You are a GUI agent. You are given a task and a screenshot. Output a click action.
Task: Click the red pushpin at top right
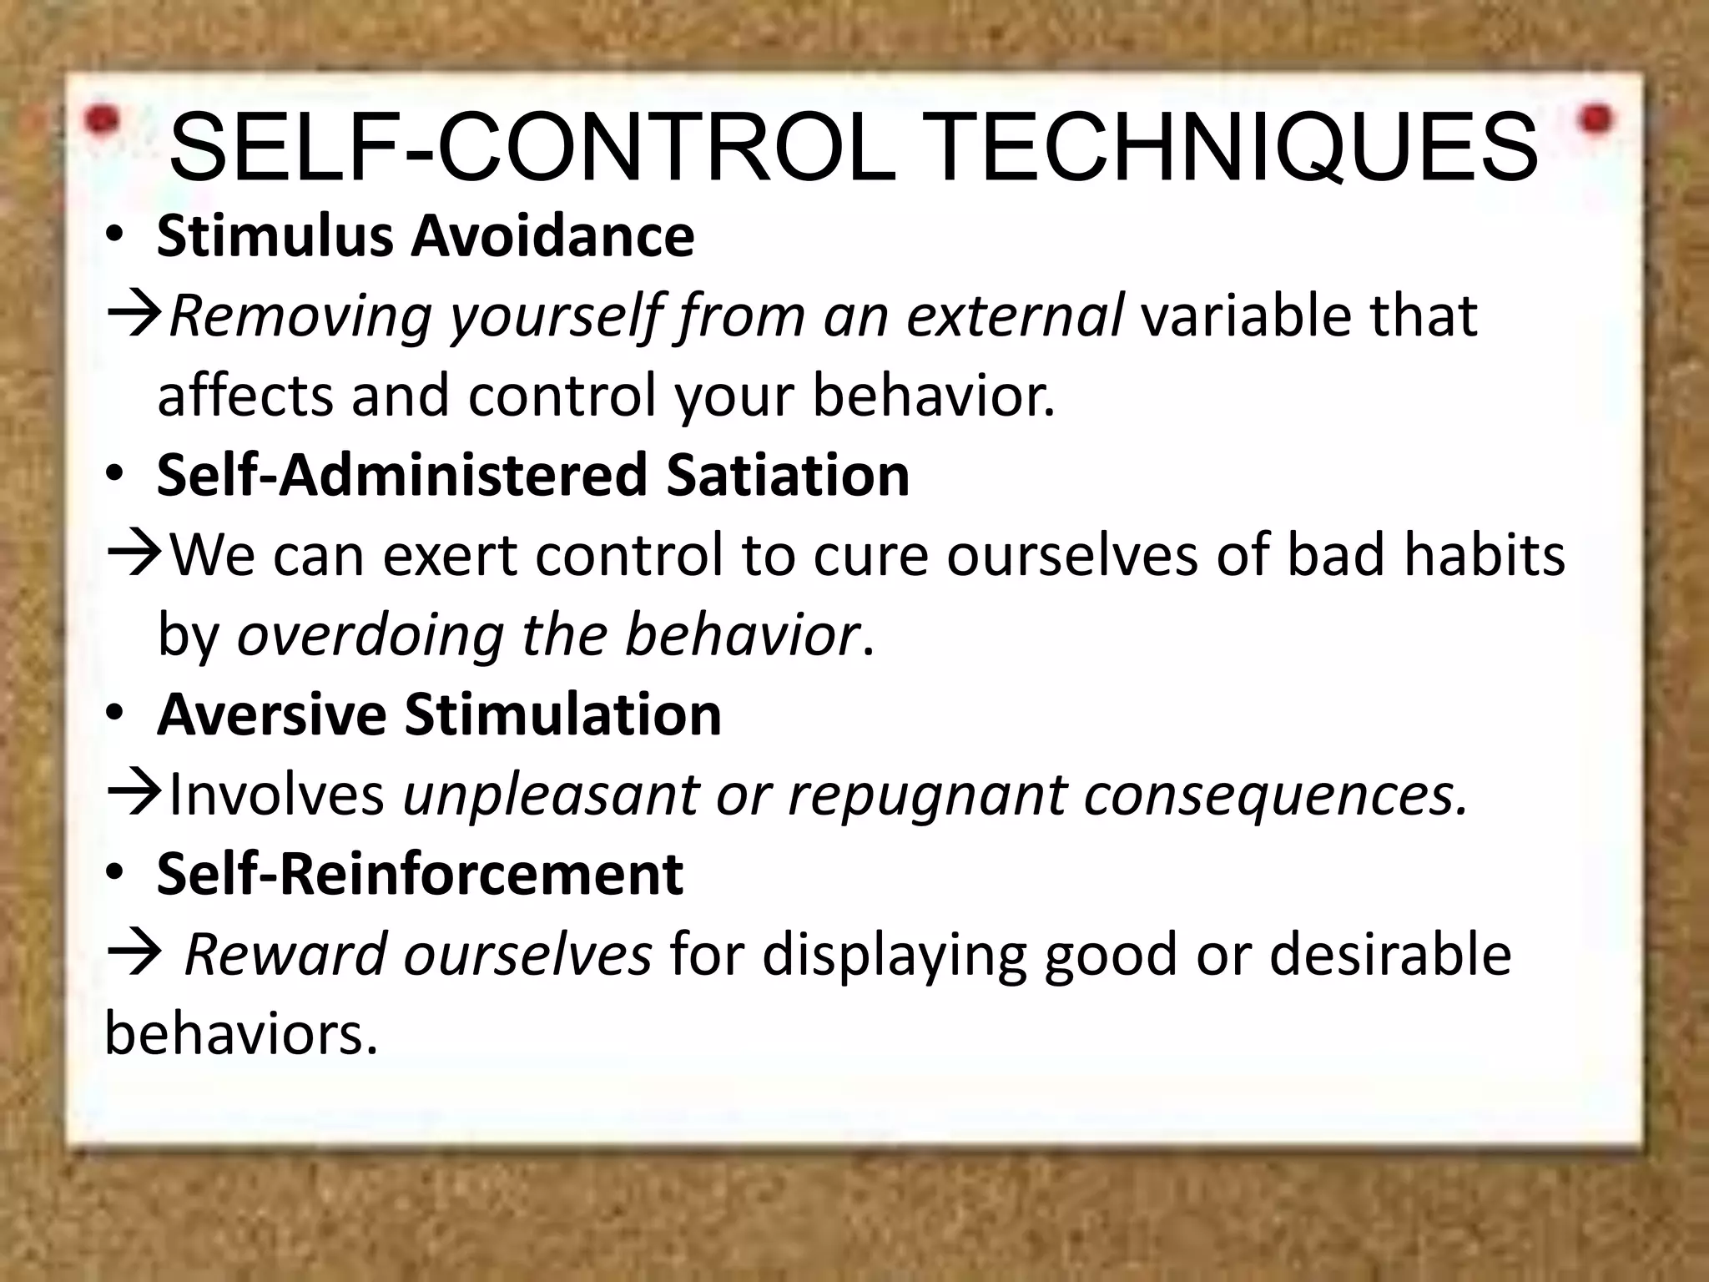(x=1597, y=119)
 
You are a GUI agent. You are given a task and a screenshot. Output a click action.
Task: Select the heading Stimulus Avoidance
(x=425, y=237)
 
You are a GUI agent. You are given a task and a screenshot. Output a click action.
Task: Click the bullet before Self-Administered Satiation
(x=114, y=476)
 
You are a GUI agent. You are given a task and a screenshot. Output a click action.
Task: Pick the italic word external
(x=1015, y=315)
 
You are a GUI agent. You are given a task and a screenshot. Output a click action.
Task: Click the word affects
(x=245, y=396)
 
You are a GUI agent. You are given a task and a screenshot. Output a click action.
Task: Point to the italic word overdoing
(x=371, y=635)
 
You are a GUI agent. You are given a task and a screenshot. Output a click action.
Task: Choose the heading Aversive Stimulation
(x=439, y=715)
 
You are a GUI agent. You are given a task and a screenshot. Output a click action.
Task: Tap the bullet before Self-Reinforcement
(x=114, y=875)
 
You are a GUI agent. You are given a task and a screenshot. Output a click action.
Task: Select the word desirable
(x=1390, y=954)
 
